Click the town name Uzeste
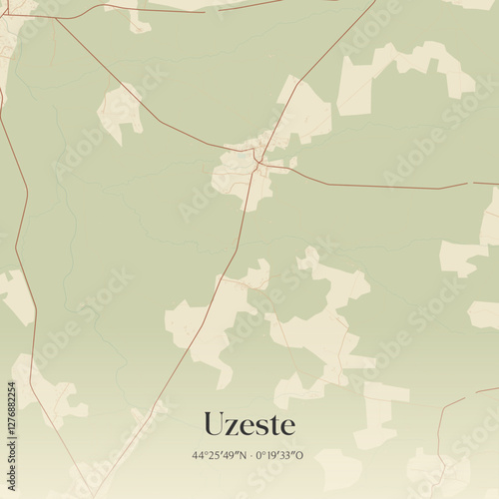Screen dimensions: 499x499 point(249,424)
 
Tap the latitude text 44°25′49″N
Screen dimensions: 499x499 point(220,455)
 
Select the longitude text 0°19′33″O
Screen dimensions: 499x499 point(280,455)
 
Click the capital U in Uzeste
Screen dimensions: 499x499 point(214,424)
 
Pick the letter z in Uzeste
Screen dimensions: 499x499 point(233,426)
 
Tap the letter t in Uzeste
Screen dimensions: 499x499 point(276,425)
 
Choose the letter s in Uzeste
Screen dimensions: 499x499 point(262,426)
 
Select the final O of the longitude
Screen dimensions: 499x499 point(300,455)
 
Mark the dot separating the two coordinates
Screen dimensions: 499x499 point(249,455)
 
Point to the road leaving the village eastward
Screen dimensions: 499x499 point(379,186)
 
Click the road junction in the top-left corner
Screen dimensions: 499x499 point(55,17)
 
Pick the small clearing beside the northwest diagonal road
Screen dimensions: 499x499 point(120,110)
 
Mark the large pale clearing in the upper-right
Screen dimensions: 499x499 point(399,75)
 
